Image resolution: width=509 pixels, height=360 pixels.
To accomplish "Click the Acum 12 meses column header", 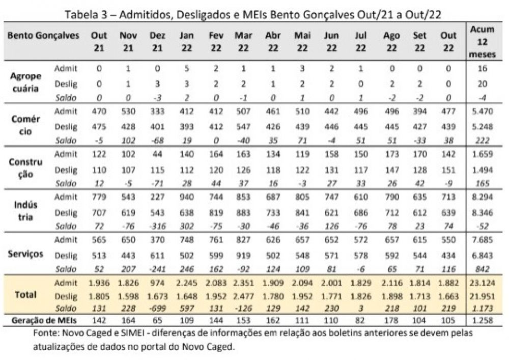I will point(482,41).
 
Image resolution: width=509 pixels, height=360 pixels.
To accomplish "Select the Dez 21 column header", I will point(157,41).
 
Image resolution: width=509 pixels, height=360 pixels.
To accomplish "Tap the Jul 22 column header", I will point(361,41).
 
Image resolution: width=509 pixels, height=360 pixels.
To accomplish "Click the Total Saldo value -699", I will point(157,308).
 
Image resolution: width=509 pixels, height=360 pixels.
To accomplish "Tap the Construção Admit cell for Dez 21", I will point(157,154).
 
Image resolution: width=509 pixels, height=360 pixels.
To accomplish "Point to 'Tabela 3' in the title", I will point(84,15).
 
